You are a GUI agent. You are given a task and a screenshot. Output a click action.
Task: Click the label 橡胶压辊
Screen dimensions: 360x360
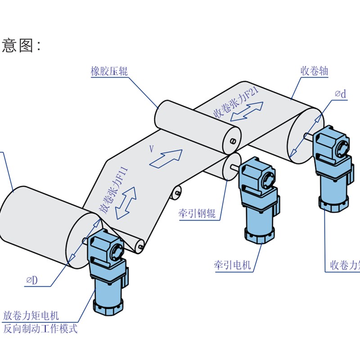tap(109, 71)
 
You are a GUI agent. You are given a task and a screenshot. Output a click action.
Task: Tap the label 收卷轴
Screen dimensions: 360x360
tap(314, 71)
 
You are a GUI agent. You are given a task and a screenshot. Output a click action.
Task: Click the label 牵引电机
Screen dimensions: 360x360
tap(232, 265)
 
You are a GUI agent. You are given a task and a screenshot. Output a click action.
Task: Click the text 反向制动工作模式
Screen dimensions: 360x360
tap(40, 329)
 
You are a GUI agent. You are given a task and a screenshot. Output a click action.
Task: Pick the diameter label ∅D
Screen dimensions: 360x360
tap(32, 280)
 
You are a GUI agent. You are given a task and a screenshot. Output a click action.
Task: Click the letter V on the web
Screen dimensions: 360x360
tap(151, 148)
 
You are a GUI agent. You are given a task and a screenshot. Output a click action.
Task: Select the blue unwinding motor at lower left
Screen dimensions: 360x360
tap(106, 270)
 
